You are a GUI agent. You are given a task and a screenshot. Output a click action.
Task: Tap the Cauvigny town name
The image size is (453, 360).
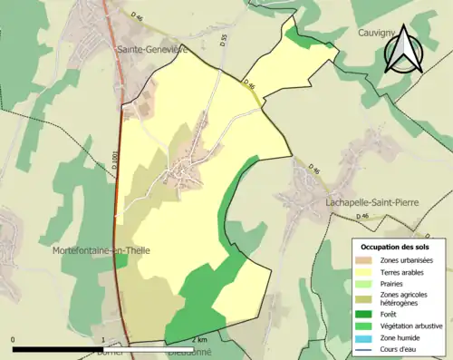coord(371,32)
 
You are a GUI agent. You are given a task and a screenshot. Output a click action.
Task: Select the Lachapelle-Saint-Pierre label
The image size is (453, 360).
coord(370,203)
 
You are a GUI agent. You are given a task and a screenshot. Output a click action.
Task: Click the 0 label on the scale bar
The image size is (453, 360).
coord(14,340)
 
